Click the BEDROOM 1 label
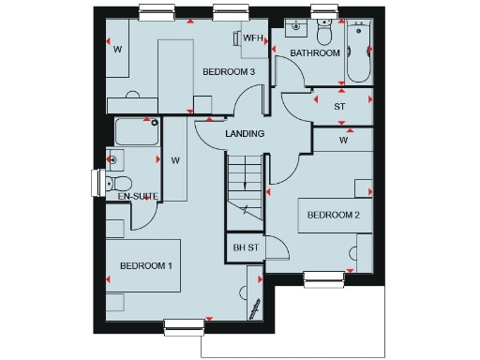145,266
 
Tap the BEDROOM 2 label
333,215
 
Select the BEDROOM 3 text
229,72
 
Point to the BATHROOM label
314,53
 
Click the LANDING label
245,134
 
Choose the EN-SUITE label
136,196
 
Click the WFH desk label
253,37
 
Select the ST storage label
339,106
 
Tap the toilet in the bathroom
324,33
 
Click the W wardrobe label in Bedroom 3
118,49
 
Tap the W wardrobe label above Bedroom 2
344,141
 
